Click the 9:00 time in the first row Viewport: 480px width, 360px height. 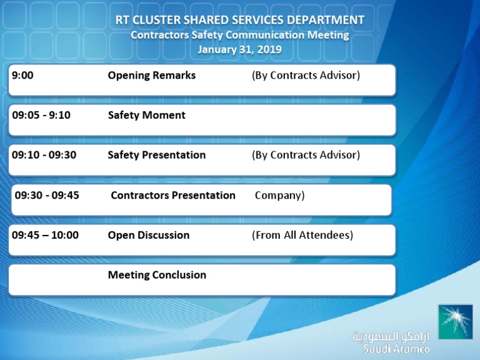(22, 76)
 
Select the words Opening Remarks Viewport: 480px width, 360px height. (151, 76)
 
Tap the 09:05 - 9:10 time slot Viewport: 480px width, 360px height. (41, 115)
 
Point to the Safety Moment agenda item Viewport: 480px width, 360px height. (146, 115)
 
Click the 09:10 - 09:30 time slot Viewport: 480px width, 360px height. (44, 155)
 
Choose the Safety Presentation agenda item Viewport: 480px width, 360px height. (156, 155)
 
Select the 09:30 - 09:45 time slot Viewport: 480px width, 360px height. (47, 195)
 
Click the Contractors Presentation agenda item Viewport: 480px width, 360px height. (173, 195)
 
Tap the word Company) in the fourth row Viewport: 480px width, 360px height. (279, 195)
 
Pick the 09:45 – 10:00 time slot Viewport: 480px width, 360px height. (45, 235)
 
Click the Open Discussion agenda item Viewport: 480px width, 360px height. (148, 235)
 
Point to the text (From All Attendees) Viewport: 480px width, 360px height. (302, 235)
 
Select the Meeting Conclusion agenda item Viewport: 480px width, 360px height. (157, 275)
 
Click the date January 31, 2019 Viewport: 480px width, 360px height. (239, 49)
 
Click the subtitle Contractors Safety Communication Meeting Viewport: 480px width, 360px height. (239, 35)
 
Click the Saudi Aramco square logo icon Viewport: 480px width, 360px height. (455, 322)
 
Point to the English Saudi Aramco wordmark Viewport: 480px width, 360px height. (396, 349)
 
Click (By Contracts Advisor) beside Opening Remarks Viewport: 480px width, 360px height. (306, 76)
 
